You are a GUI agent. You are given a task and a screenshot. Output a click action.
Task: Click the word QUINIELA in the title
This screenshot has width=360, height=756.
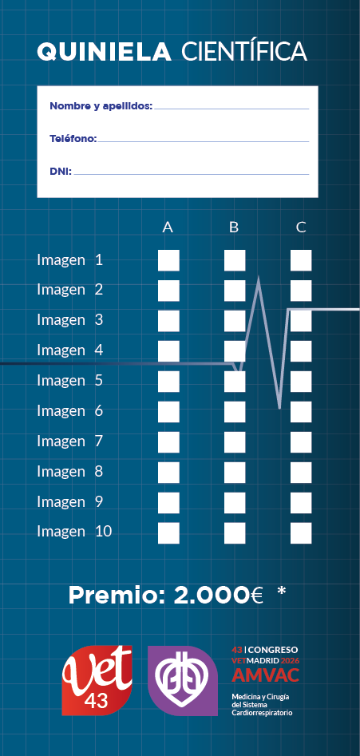tap(104, 52)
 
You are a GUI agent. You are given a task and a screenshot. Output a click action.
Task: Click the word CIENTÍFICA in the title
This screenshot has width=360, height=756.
tap(244, 50)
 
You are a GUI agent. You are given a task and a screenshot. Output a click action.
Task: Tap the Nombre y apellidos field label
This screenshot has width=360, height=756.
tap(101, 106)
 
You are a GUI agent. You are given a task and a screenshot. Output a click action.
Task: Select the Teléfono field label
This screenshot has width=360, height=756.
tap(73, 139)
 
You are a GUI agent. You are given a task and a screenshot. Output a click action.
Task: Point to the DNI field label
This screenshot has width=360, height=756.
tap(61, 171)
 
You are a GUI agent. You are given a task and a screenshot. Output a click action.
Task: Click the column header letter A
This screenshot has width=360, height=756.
tap(168, 227)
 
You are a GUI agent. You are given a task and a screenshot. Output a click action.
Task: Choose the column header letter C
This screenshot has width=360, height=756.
tap(301, 227)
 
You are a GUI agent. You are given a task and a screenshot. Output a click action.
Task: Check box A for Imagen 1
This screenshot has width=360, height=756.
tap(168, 260)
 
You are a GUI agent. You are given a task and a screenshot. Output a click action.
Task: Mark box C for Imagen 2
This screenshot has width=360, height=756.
tap(301, 291)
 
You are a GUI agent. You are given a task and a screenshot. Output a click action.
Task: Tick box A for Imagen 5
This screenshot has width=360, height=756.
tap(168, 382)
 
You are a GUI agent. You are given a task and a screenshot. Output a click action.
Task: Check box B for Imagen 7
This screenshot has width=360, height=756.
tap(235, 442)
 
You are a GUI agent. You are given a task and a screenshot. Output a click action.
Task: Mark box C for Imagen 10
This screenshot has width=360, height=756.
tap(301, 533)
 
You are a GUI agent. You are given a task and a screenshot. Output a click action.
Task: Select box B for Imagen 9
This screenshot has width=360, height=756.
tap(235, 503)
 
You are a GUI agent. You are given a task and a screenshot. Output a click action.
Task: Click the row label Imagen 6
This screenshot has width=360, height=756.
tap(70, 411)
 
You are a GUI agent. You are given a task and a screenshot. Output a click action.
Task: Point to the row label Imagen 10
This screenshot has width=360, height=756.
tap(74, 532)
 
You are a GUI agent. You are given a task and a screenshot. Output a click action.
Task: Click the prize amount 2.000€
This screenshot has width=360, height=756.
tap(218, 596)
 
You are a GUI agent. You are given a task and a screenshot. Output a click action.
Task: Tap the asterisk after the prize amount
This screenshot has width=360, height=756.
tap(282, 592)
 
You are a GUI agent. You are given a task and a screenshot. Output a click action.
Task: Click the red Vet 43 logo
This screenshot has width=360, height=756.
tap(97, 680)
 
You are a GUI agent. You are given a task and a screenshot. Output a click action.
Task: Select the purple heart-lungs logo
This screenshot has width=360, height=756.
tap(183, 681)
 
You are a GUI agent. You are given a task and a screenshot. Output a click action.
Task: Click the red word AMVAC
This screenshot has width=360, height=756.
tap(266, 675)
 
